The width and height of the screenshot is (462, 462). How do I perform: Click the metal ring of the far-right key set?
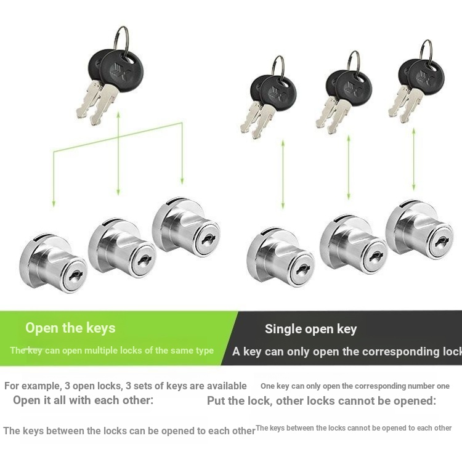426,53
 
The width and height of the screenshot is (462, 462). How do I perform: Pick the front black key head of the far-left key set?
122,71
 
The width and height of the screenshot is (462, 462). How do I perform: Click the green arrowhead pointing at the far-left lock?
54,204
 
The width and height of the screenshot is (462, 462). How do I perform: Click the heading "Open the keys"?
70,328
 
